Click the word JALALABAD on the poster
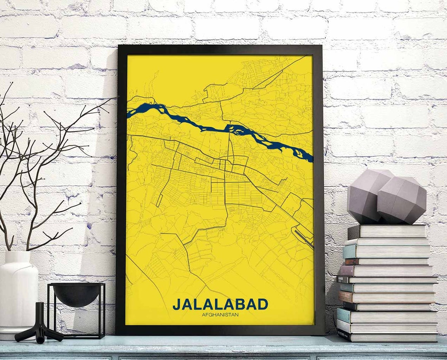pyautogui.click(x=220, y=304)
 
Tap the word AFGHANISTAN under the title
pyautogui.click(x=220, y=315)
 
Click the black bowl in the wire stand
pyautogui.click(x=76, y=293)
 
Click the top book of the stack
pyautogui.click(x=387, y=231)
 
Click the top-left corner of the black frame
pyautogui.click(x=119, y=46)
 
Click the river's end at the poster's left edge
pyautogui.click(x=129, y=113)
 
